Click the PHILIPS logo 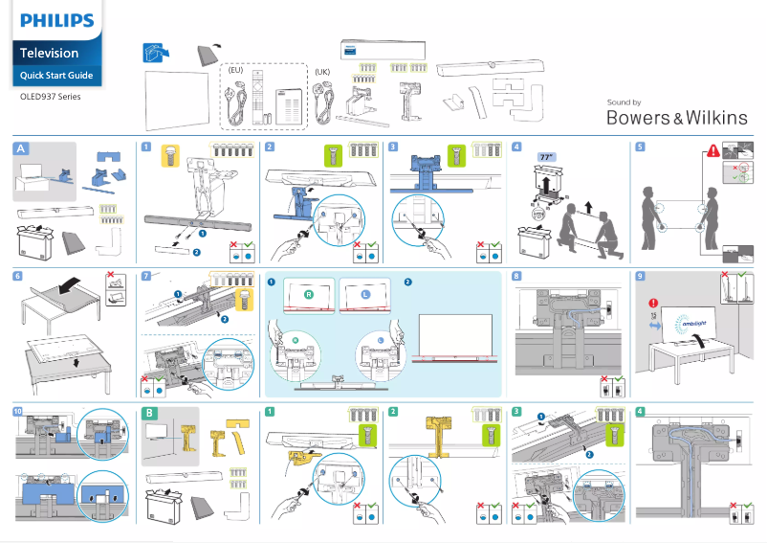pos(57,19)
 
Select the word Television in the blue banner pos(50,53)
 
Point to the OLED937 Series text pos(51,97)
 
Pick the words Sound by pos(624,102)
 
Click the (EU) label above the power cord pos(235,70)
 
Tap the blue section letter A pos(21,148)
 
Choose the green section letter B pos(148,413)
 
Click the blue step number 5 pos(640,147)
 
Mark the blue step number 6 pos(18,277)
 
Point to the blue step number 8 pos(516,277)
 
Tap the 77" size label pos(547,156)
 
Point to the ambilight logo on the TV pos(690,323)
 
